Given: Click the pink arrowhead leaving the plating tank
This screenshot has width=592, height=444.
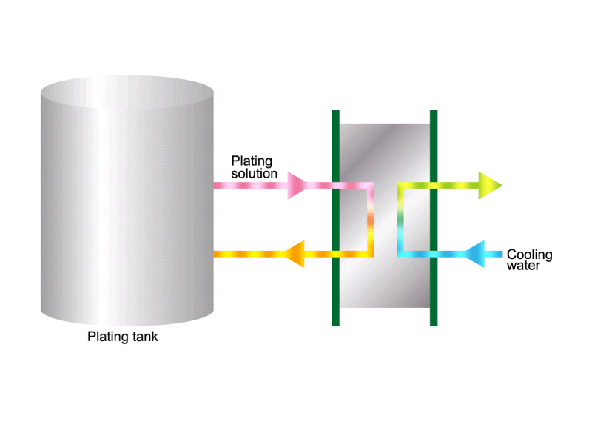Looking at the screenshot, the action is tap(297, 186).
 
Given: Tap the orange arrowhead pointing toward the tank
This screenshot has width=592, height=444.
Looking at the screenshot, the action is tap(295, 254).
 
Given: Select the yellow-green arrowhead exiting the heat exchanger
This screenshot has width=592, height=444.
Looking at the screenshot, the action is tap(490, 186).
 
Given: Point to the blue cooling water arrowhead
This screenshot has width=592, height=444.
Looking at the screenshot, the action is tap(474, 254).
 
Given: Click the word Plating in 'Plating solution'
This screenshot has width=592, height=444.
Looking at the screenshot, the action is tap(252, 161).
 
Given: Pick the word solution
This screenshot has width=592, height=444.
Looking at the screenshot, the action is tap(254, 174).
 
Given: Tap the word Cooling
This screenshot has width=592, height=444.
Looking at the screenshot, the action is tap(529, 255).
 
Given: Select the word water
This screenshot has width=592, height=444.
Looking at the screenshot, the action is tap(523, 266).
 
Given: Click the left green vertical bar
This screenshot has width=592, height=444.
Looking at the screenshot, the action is tap(335, 218).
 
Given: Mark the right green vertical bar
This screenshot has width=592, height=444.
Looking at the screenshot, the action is tap(434, 218).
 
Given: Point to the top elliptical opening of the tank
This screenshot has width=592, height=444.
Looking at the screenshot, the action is tap(127, 92).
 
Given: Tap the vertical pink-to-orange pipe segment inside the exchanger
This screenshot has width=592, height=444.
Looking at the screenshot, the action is tap(371, 220).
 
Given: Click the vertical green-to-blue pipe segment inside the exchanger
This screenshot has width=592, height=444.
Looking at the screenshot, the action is tap(400, 220).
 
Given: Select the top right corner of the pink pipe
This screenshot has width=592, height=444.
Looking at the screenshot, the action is tap(371, 186).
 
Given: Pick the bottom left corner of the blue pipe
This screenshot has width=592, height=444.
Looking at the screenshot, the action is tap(400, 254).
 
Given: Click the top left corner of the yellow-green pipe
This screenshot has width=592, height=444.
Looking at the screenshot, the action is tap(400, 186).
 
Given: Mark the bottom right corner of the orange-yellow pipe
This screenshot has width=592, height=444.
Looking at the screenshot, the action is tap(371, 254).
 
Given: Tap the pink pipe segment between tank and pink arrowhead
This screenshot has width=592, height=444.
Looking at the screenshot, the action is tap(251, 186).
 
